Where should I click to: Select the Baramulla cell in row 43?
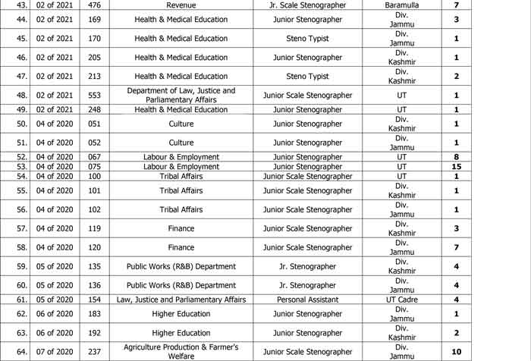coord(401,5)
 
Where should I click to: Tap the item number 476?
coord(94,5)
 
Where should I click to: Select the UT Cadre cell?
coord(401,300)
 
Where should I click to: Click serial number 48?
coord(21,96)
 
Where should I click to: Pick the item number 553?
coord(94,96)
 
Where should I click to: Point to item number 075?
coord(94,166)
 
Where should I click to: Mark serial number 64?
coord(21,352)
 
